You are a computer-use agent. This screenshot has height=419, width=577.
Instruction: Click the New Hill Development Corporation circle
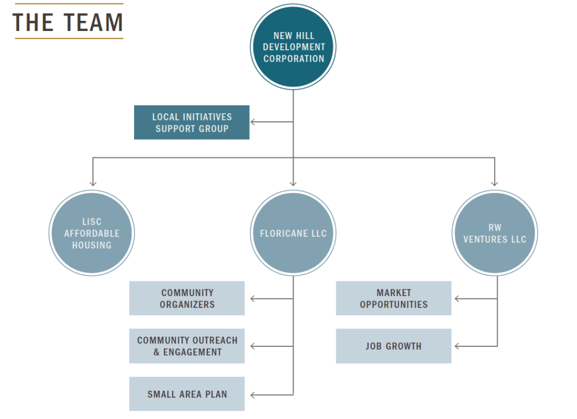pos(293,47)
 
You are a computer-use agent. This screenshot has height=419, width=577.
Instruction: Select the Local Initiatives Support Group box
pos(192,122)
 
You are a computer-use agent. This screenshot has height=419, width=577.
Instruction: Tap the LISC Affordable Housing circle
pos(92,233)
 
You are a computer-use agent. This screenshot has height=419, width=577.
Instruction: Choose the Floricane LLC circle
pos(293,233)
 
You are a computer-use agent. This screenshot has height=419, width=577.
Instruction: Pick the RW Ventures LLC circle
pos(495,233)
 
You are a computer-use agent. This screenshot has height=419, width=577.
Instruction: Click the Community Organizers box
pos(187,298)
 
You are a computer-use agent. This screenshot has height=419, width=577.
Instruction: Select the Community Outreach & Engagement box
pos(187,346)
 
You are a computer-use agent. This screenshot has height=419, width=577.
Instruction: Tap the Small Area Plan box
pos(187,394)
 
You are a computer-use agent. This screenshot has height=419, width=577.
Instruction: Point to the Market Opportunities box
pos(394,298)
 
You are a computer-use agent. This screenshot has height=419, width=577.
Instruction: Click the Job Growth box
pos(394,346)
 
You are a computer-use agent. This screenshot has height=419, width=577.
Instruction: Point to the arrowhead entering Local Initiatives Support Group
pos(254,122)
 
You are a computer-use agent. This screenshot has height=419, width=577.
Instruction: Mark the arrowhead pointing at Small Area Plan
pos(254,394)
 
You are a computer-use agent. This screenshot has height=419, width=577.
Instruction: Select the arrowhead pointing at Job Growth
pos(458,346)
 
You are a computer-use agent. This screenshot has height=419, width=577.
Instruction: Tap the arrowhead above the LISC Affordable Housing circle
pos(92,183)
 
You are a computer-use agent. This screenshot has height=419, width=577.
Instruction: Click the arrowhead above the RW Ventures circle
pos(495,183)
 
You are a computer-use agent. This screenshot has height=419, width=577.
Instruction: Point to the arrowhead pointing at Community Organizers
pos(254,298)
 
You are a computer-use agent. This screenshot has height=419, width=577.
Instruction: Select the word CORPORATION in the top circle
pos(294,59)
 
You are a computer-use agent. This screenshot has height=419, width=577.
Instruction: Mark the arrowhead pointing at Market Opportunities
pos(458,298)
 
